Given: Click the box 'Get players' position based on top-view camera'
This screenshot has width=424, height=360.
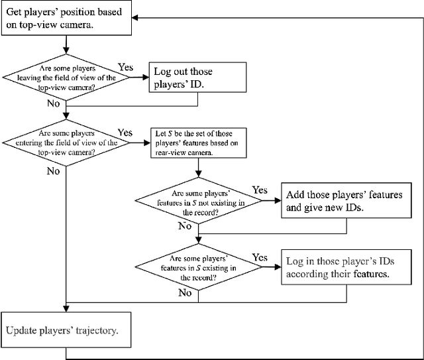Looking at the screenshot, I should click(x=65, y=18).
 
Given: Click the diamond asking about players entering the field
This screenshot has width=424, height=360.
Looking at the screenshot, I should click(x=66, y=143).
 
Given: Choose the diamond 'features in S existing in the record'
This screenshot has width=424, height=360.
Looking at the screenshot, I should click(x=198, y=268).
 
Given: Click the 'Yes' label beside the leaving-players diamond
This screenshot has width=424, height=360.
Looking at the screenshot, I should click(x=125, y=68).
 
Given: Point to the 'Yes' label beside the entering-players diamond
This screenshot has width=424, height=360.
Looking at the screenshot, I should click(x=125, y=133).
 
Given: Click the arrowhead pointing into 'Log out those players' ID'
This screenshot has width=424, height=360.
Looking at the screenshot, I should click(x=147, y=77).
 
